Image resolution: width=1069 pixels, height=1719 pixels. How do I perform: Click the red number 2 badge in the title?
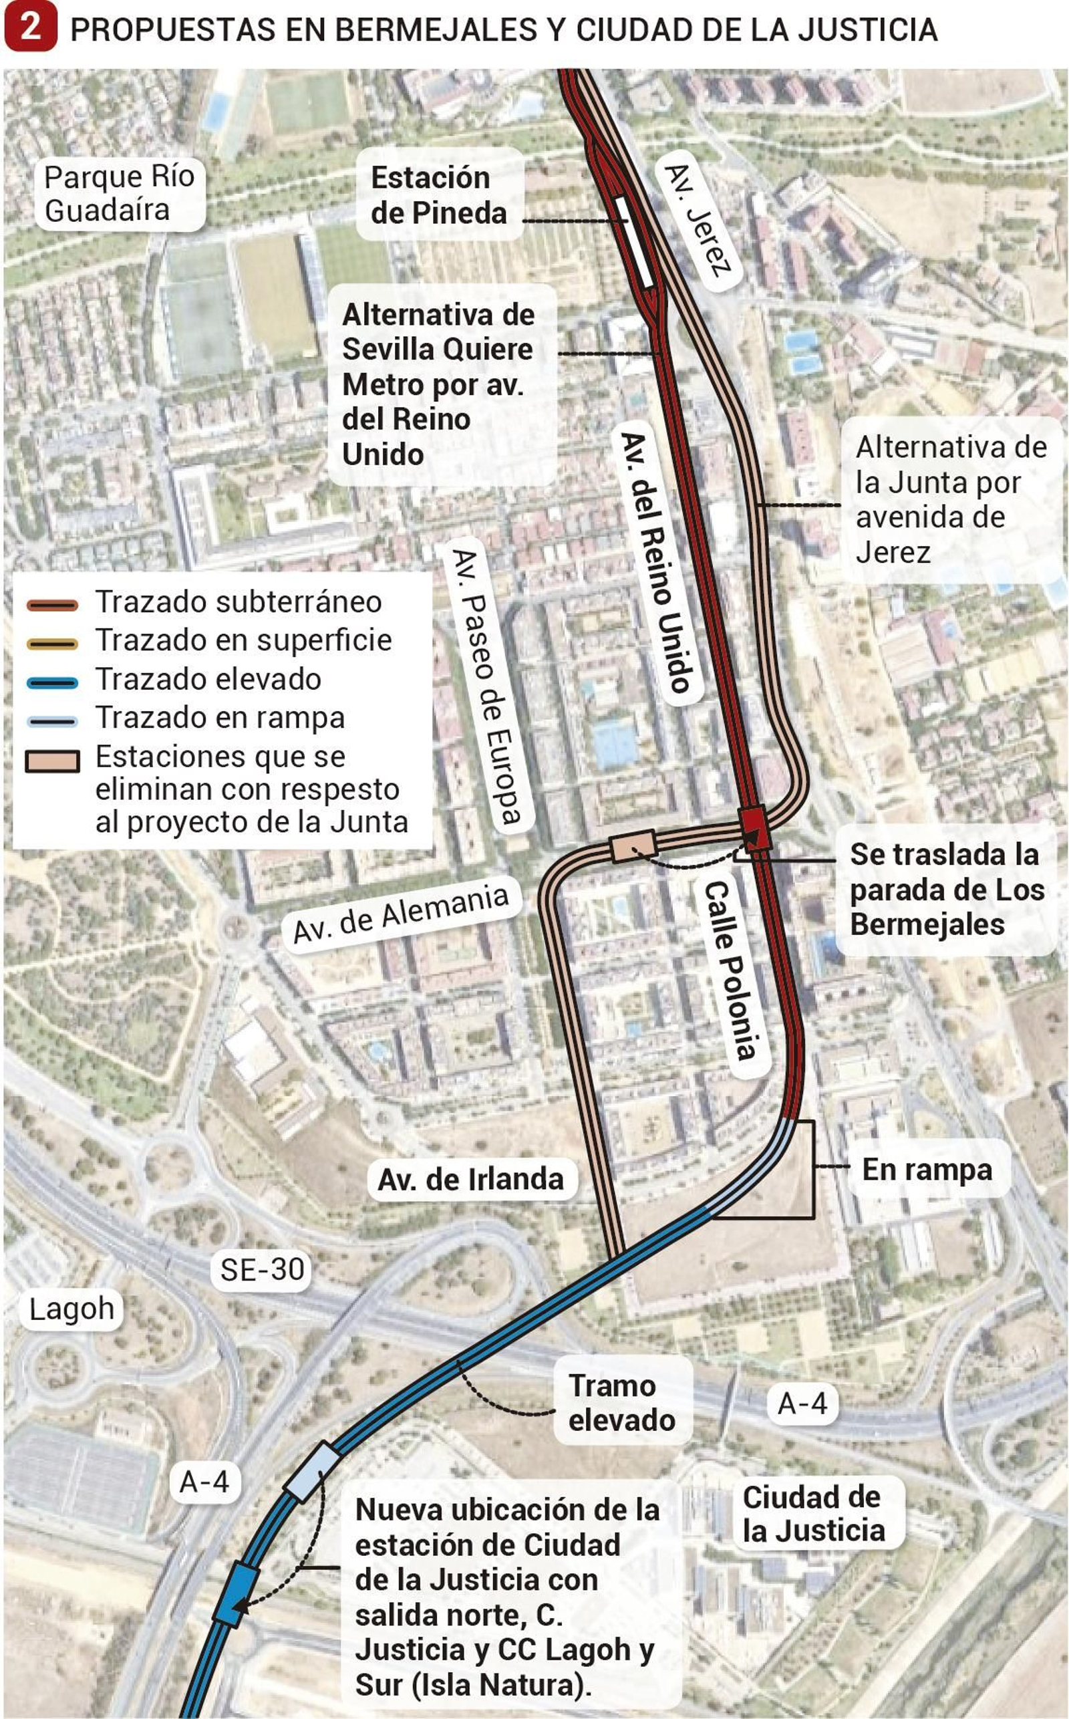click(29, 28)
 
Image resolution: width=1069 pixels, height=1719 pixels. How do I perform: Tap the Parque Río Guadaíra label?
click(119, 193)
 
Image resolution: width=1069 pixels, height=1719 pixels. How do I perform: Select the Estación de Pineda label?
click(438, 195)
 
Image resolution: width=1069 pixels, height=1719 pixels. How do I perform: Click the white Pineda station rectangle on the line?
click(633, 241)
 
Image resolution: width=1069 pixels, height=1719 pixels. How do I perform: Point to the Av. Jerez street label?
click(696, 221)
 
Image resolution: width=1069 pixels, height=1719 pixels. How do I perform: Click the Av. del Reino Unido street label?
click(655, 562)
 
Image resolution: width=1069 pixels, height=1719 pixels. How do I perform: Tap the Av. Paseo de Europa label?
click(488, 686)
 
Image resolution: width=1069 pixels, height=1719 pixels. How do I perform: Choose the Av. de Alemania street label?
click(401, 913)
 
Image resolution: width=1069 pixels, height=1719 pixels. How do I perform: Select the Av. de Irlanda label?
click(471, 1180)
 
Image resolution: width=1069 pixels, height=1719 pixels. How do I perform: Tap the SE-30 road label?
click(262, 1269)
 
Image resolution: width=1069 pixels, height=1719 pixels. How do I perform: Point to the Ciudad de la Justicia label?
click(813, 1514)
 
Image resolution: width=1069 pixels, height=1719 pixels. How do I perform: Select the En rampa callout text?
click(927, 1169)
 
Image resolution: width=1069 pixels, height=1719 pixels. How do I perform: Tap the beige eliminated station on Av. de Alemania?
click(633, 845)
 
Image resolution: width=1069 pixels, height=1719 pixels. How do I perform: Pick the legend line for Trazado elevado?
click(52, 682)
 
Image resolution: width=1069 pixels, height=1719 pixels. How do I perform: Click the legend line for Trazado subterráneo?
click(52, 606)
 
